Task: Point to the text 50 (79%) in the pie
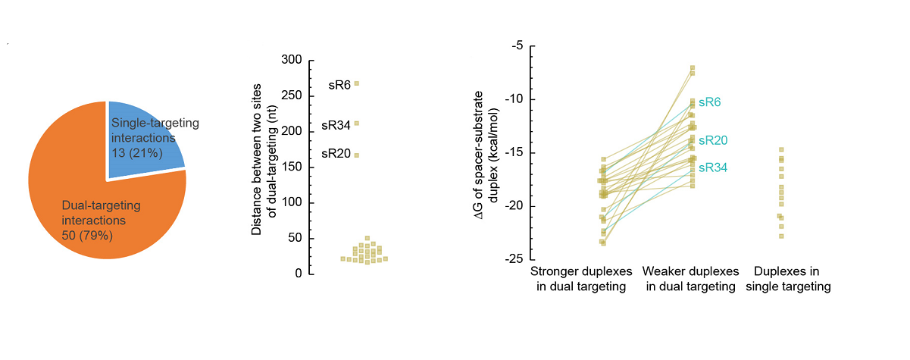86,235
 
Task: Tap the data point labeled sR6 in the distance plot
356,83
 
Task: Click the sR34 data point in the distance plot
356,124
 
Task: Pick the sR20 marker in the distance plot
356,155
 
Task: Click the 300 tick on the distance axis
291,61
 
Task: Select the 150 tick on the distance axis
291,167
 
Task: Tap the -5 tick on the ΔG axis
516,46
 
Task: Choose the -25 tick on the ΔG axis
513,259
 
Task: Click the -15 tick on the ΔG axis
513,153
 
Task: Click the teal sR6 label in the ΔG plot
709,102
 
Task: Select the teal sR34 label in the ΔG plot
712,167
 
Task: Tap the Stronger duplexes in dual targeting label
578,279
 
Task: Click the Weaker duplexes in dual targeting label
690,279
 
